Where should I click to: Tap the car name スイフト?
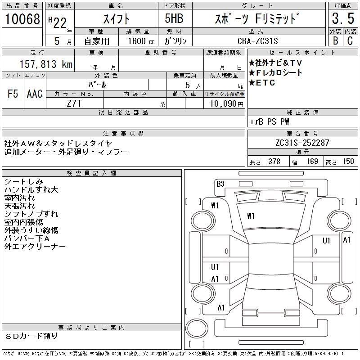pyautogui.click(x=116, y=19)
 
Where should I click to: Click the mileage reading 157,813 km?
pyautogui.click(x=45, y=65)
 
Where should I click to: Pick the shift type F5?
pyautogui.click(x=12, y=94)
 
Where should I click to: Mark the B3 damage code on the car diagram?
pyautogui.click(x=220, y=184)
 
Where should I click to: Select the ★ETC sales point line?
pyautogui.click(x=265, y=83)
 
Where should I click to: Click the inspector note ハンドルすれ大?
pyautogui.click(x=31, y=190)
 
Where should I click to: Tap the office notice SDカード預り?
pyautogui.click(x=32, y=336)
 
